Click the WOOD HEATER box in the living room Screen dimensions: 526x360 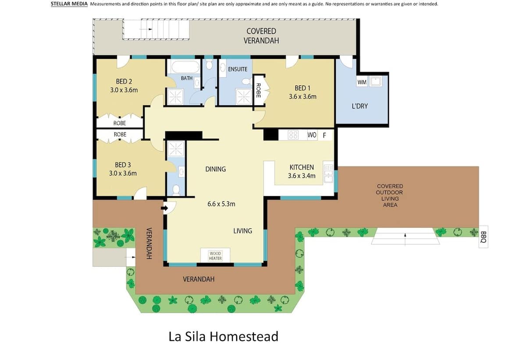[x=215, y=255]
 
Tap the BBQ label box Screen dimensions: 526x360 [x=483, y=237]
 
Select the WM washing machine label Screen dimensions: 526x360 [x=362, y=82]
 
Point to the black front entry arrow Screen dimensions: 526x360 [x=165, y=208]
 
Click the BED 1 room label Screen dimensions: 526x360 [x=302, y=88]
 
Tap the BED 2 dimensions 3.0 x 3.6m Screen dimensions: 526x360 [x=124, y=90]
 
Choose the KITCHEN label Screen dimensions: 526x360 [x=302, y=167]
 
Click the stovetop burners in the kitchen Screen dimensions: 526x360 [x=293, y=135]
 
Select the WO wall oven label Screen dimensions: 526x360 [x=312, y=135]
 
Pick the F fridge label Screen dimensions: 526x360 [x=324, y=135]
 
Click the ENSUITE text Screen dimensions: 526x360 [x=238, y=69]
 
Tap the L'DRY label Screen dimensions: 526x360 [x=359, y=106]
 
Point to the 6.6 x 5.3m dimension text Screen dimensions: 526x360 [x=221, y=204]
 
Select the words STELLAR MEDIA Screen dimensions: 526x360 [x=69, y=4]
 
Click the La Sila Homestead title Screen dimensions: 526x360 [x=223, y=336]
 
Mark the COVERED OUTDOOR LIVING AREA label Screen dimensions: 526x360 [x=390, y=195]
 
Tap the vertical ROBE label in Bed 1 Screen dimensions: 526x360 [x=258, y=90]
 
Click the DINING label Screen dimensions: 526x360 [x=216, y=169]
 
